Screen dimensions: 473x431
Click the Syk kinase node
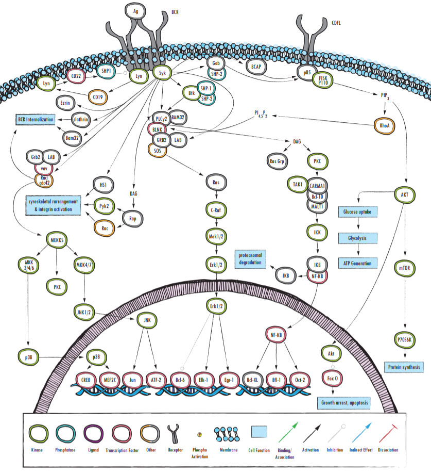point(162,73)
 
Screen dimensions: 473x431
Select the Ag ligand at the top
point(135,11)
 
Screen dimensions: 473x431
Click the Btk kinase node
point(191,93)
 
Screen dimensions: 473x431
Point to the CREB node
point(86,380)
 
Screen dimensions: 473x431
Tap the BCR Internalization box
point(36,120)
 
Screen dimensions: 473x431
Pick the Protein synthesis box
point(404,367)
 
